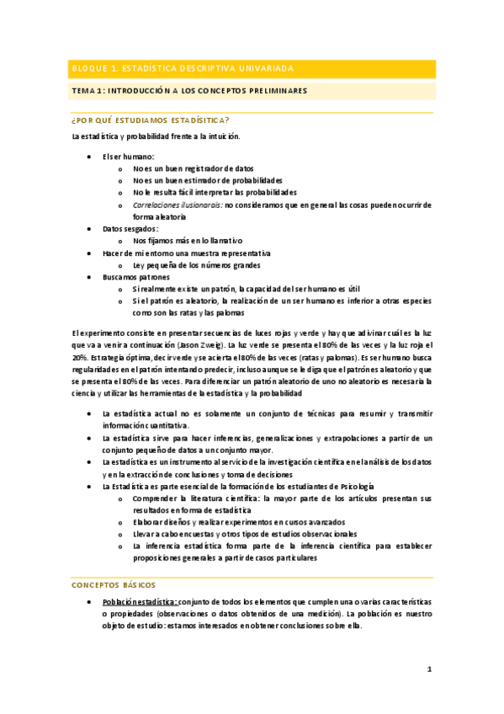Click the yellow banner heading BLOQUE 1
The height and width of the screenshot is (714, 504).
click(x=181, y=68)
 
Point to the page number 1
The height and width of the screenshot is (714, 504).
click(x=428, y=669)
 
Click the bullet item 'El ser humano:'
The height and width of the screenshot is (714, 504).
click(x=128, y=157)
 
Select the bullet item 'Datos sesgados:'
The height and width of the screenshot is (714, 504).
click(x=130, y=228)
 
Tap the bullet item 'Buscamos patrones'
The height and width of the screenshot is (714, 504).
click(x=135, y=276)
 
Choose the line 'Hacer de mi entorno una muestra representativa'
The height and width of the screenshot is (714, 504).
click(x=186, y=253)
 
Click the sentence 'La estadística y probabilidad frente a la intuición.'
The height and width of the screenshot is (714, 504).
click(x=156, y=136)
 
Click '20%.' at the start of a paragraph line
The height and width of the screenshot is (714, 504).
click(x=80, y=357)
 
